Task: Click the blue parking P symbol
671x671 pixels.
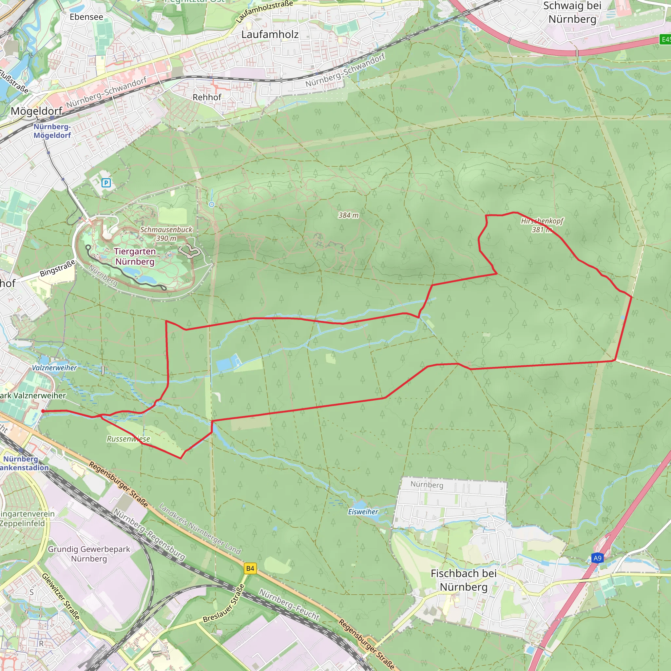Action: (106, 183)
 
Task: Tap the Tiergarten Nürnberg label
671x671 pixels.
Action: (135, 256)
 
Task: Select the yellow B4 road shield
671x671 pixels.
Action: (250, 568)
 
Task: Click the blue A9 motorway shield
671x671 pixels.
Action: (597, 558)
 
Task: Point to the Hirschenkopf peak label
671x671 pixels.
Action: (542, 221)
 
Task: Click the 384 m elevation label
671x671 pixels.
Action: (348, 215)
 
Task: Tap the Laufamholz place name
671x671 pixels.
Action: (270, 34)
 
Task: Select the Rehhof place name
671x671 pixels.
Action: (207, 97)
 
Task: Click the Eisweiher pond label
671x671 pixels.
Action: (363, 511)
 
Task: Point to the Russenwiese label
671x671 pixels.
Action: (128, 439)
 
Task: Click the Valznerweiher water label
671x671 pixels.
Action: (54, 368)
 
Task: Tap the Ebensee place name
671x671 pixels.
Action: (86, 17)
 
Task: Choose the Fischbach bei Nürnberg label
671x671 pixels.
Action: (464, 580)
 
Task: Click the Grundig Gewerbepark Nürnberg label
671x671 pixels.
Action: (89, 554)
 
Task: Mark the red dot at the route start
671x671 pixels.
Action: (43, 411)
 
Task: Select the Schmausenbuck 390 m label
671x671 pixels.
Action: (166, 234)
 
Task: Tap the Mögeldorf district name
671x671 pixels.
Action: (36, 111)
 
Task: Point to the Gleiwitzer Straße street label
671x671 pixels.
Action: (61, 596)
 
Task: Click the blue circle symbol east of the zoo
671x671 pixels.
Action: (212, 204)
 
